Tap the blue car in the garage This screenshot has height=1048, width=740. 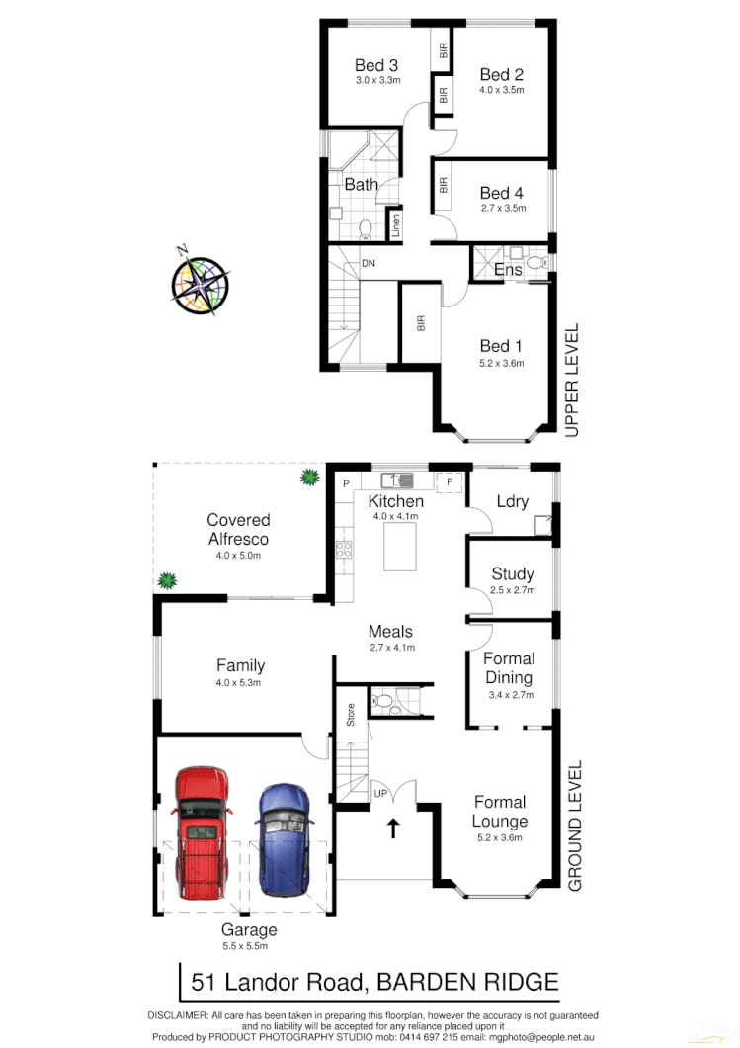pyautogui.click(x=282, y=837)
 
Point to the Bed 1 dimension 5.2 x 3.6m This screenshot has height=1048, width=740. pyautogui.click(x=501, y=364)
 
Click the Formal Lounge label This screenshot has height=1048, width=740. pyautogui.click(x=500, y=812)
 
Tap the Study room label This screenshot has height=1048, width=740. pyautogui.click(x=512, y=573)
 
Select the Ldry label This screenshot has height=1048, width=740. pyautogui.click(x=512, y=501)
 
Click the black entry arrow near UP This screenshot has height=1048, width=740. pyautogui.click(x=393, y=829)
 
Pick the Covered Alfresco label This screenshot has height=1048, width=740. pyautogui.click(x=238, y=529)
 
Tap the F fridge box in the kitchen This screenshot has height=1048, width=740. pyautogui.click(x=450, y=481)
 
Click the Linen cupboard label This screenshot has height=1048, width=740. pyautogui.click(x=396, y=226)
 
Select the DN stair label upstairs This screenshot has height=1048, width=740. pyautogui.click(x=368, y=263)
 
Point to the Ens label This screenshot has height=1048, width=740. pyautogui.click(x=507, y=269)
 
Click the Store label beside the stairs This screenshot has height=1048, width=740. pyautogui.click(x=351, y=714)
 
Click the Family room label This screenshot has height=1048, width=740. pyautogui.click(x=241, y=666)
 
